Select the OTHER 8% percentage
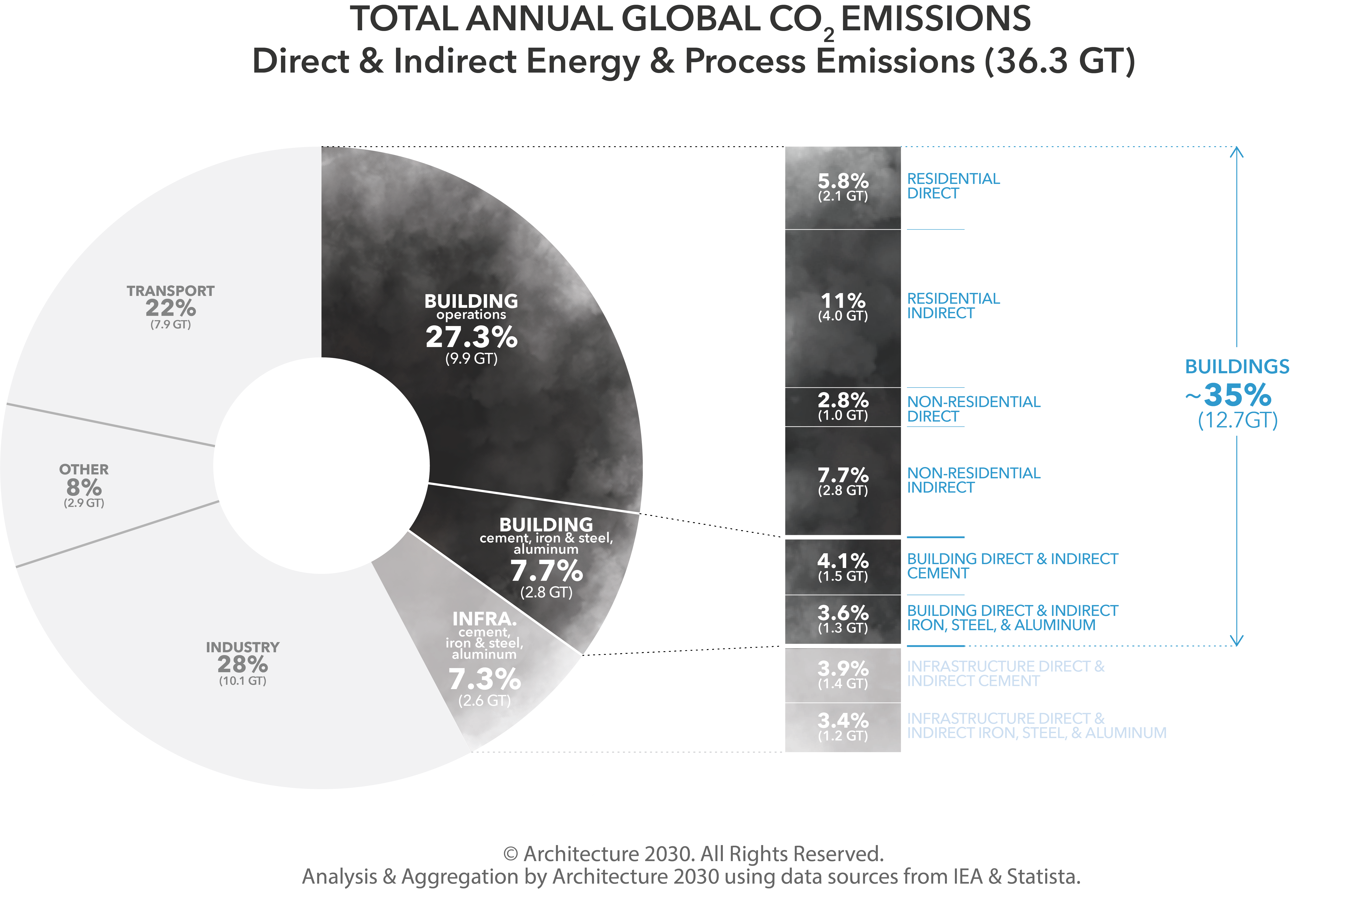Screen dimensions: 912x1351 pos(84,487)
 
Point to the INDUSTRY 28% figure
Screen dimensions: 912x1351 pos(242,664)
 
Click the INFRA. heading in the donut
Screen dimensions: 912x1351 pos(484,618)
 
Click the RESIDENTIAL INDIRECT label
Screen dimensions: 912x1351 pos(953,306)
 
